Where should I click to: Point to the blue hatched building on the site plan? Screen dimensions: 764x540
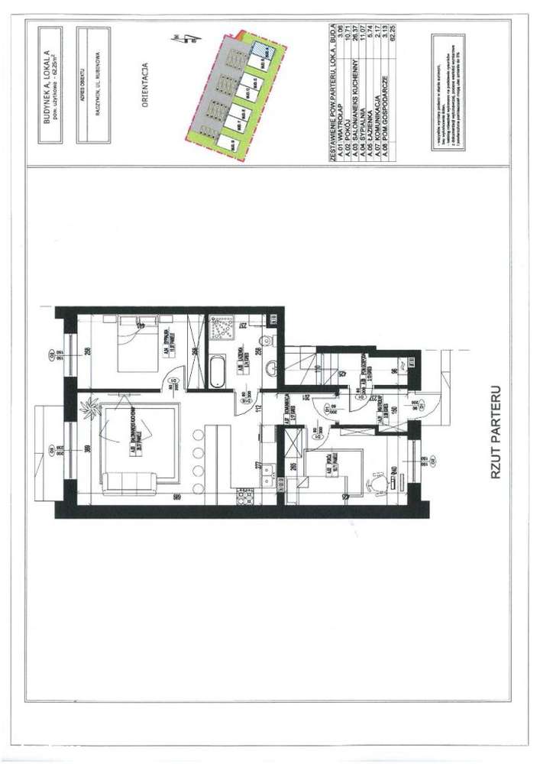(261, 47)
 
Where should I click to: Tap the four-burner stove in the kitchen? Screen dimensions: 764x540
(245, 499)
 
